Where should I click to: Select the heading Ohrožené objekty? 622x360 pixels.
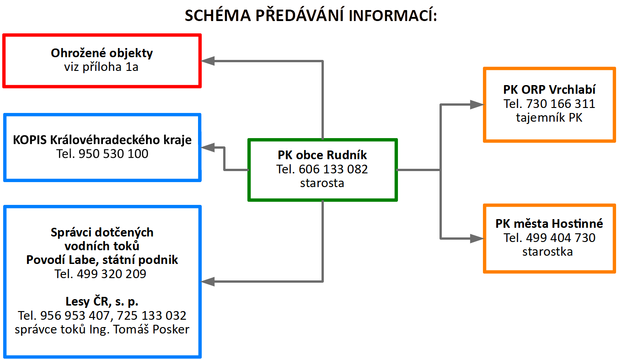[102, 53]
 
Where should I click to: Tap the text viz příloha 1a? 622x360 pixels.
[102, 67]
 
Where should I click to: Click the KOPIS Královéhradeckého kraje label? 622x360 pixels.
[102, 140]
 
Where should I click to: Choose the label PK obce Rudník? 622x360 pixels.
[322, 155]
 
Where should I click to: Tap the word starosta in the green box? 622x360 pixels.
[322, 183]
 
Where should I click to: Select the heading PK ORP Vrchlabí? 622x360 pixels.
[549, 90]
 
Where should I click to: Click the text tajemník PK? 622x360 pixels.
[549, 118]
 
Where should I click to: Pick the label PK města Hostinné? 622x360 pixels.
[549, 224]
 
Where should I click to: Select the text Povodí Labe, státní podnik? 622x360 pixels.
[102, 260]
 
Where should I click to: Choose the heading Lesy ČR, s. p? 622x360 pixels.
[102, 302]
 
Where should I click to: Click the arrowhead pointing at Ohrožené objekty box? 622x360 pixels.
[209, 60]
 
